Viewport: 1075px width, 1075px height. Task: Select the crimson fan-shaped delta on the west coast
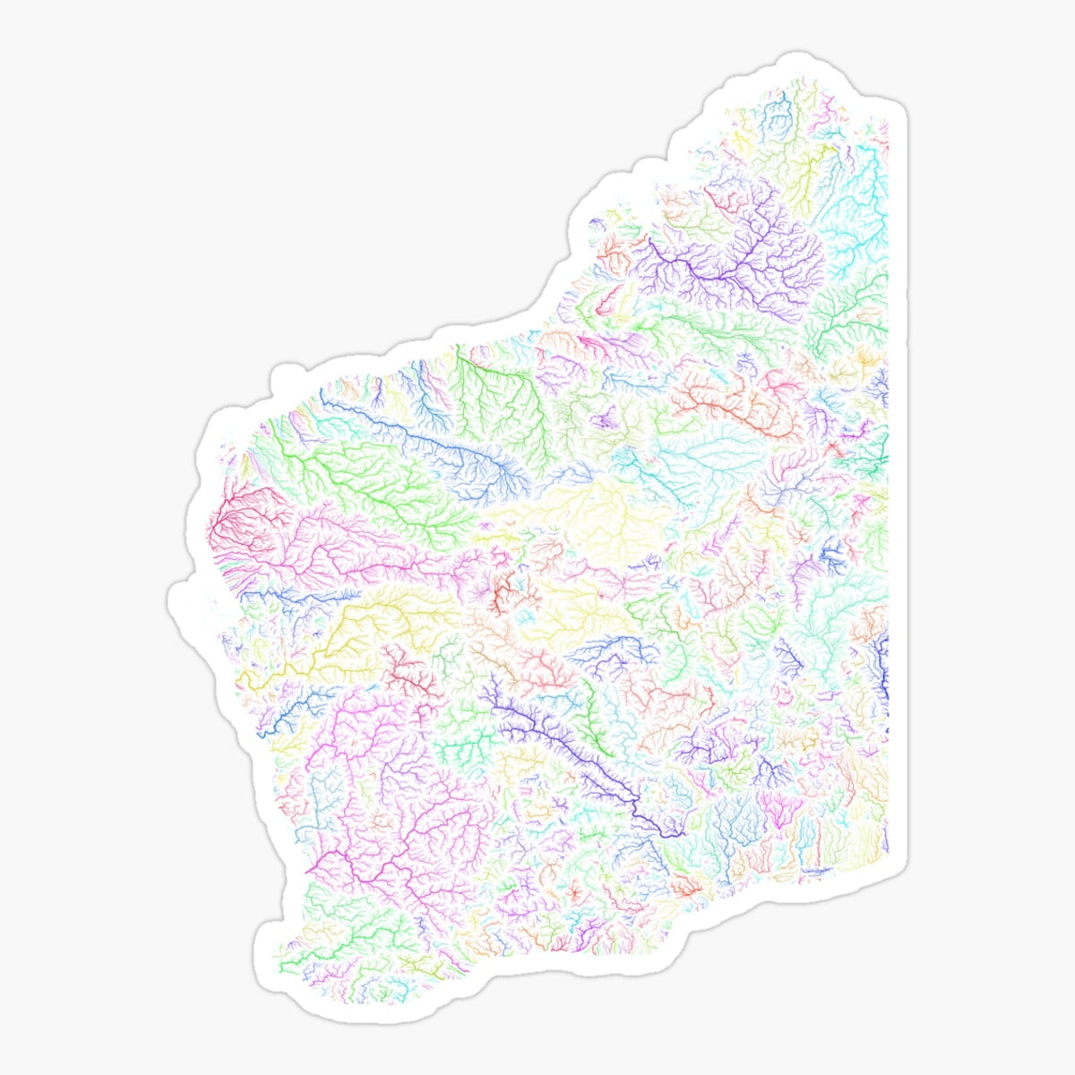click(x=235, y=520)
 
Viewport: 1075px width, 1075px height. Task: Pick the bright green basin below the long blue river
click(x=376, y=484)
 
